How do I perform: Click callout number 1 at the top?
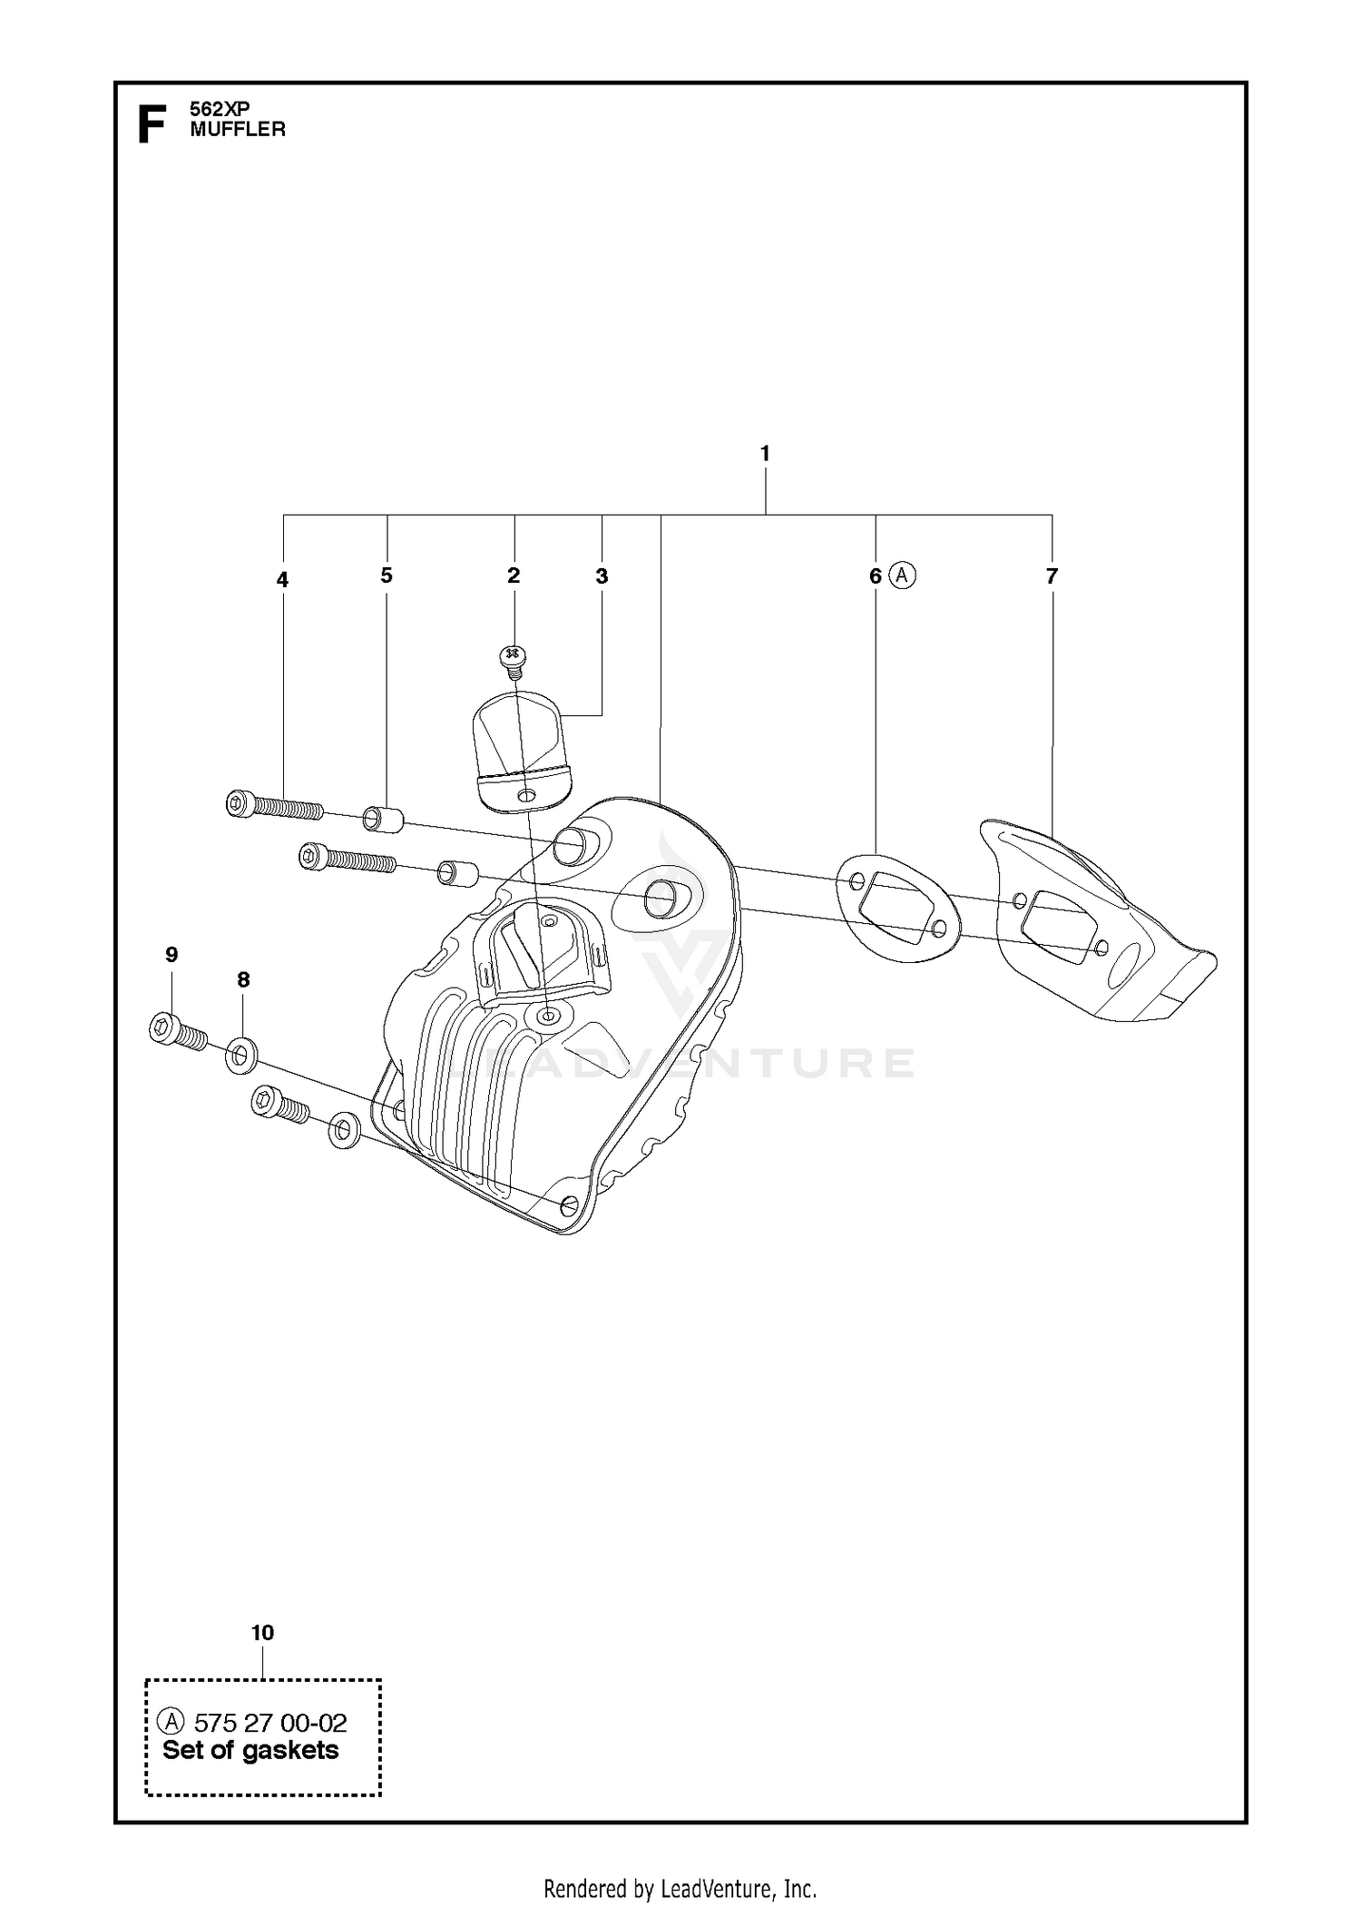(765, 452)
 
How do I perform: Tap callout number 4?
(282, 579)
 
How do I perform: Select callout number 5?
(387, 575)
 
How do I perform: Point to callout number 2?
(514, 575)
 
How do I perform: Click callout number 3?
(602, 575)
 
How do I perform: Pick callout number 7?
(1052, 575)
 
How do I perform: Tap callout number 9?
(171, 954)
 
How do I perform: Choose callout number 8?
(243, 979)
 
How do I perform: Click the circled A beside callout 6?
(903, 575)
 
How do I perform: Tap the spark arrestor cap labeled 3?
(521, 750)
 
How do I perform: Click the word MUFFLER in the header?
(238, 129)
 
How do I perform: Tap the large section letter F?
(152, 124)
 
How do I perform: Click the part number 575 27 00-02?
(270, 1723)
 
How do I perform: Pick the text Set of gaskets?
(250, 1751)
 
